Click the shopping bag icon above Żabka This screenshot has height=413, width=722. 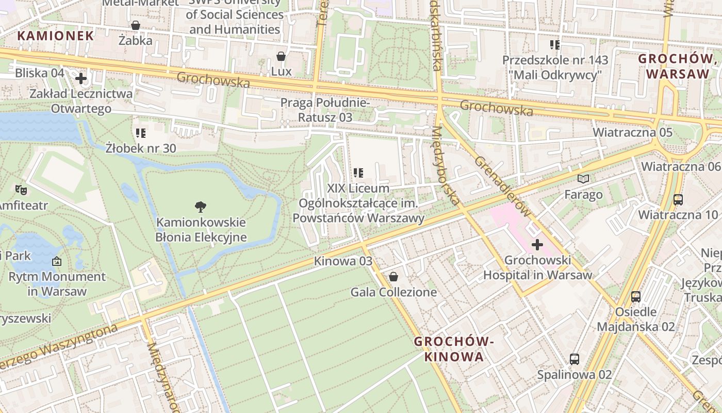136,25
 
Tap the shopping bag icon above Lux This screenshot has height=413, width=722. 281,56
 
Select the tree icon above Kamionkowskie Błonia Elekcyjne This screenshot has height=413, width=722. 201,207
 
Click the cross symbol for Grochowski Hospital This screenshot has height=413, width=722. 537,245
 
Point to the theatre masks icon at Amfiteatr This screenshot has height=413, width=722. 21,190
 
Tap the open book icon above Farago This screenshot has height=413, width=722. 583,179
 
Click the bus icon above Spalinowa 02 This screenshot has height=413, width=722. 574,359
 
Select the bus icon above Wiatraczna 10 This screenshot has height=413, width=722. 678,199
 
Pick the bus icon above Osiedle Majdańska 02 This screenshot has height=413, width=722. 636,297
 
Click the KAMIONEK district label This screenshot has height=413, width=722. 56,36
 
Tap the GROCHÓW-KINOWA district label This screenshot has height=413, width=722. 454,349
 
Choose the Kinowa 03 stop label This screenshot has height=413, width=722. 343,261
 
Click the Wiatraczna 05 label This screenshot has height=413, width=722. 632,133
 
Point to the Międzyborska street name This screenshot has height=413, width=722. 445,166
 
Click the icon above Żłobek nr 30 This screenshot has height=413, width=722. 141,133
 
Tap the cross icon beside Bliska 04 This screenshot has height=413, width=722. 81,78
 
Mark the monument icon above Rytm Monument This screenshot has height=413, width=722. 57,262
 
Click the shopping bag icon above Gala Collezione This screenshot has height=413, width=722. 393,277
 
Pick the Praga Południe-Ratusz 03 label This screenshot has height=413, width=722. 325,110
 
